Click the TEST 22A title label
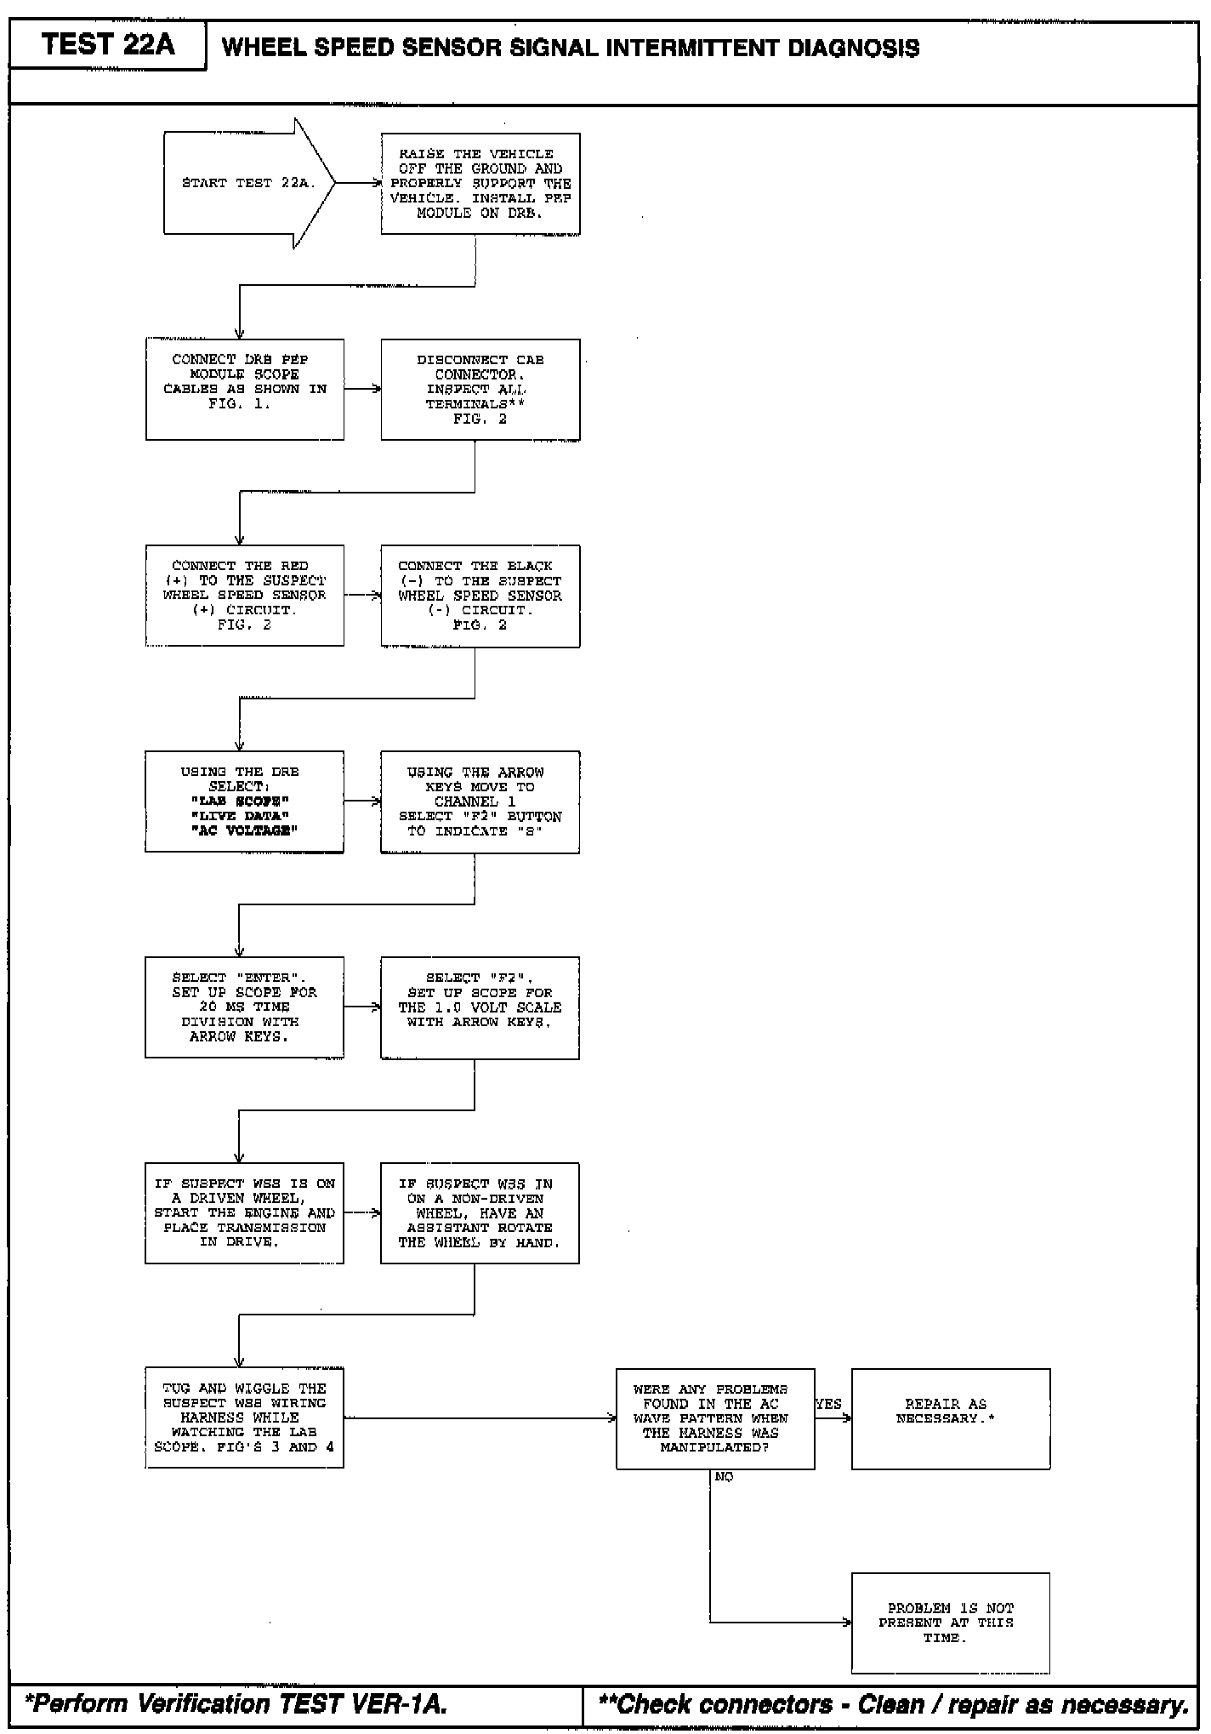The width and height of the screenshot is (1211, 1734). [108, 45]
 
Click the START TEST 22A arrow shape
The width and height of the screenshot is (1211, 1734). [247, 183]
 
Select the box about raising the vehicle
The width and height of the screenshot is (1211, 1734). [480, 184]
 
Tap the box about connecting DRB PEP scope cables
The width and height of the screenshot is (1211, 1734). [245, 389]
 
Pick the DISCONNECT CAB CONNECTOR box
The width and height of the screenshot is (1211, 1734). [480, 389]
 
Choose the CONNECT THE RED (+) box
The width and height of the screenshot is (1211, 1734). [245, 595]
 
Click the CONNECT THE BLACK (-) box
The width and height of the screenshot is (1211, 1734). [480, 596]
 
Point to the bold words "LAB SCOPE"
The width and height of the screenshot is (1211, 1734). [241, 801]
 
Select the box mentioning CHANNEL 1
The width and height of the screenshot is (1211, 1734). [480, 801]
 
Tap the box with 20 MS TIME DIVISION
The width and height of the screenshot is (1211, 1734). [245, 1007]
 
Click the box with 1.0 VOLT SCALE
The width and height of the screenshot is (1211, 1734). [480, 1007]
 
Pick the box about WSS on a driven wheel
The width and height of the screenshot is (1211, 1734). [245, 1212]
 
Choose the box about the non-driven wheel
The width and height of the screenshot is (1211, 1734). [480, 1212]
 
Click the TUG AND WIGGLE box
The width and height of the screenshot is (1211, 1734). [245, 1417]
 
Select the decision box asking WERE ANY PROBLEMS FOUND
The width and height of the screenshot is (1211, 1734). [715, 1418]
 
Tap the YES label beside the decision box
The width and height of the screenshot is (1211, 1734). [828, 1404]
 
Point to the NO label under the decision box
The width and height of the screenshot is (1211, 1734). [724, 1477]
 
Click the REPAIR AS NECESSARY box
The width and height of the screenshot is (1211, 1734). [951, 1418]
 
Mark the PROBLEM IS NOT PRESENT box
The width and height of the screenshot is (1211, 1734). [951, 1623]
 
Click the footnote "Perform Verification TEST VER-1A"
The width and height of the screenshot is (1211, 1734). [236, 1704]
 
